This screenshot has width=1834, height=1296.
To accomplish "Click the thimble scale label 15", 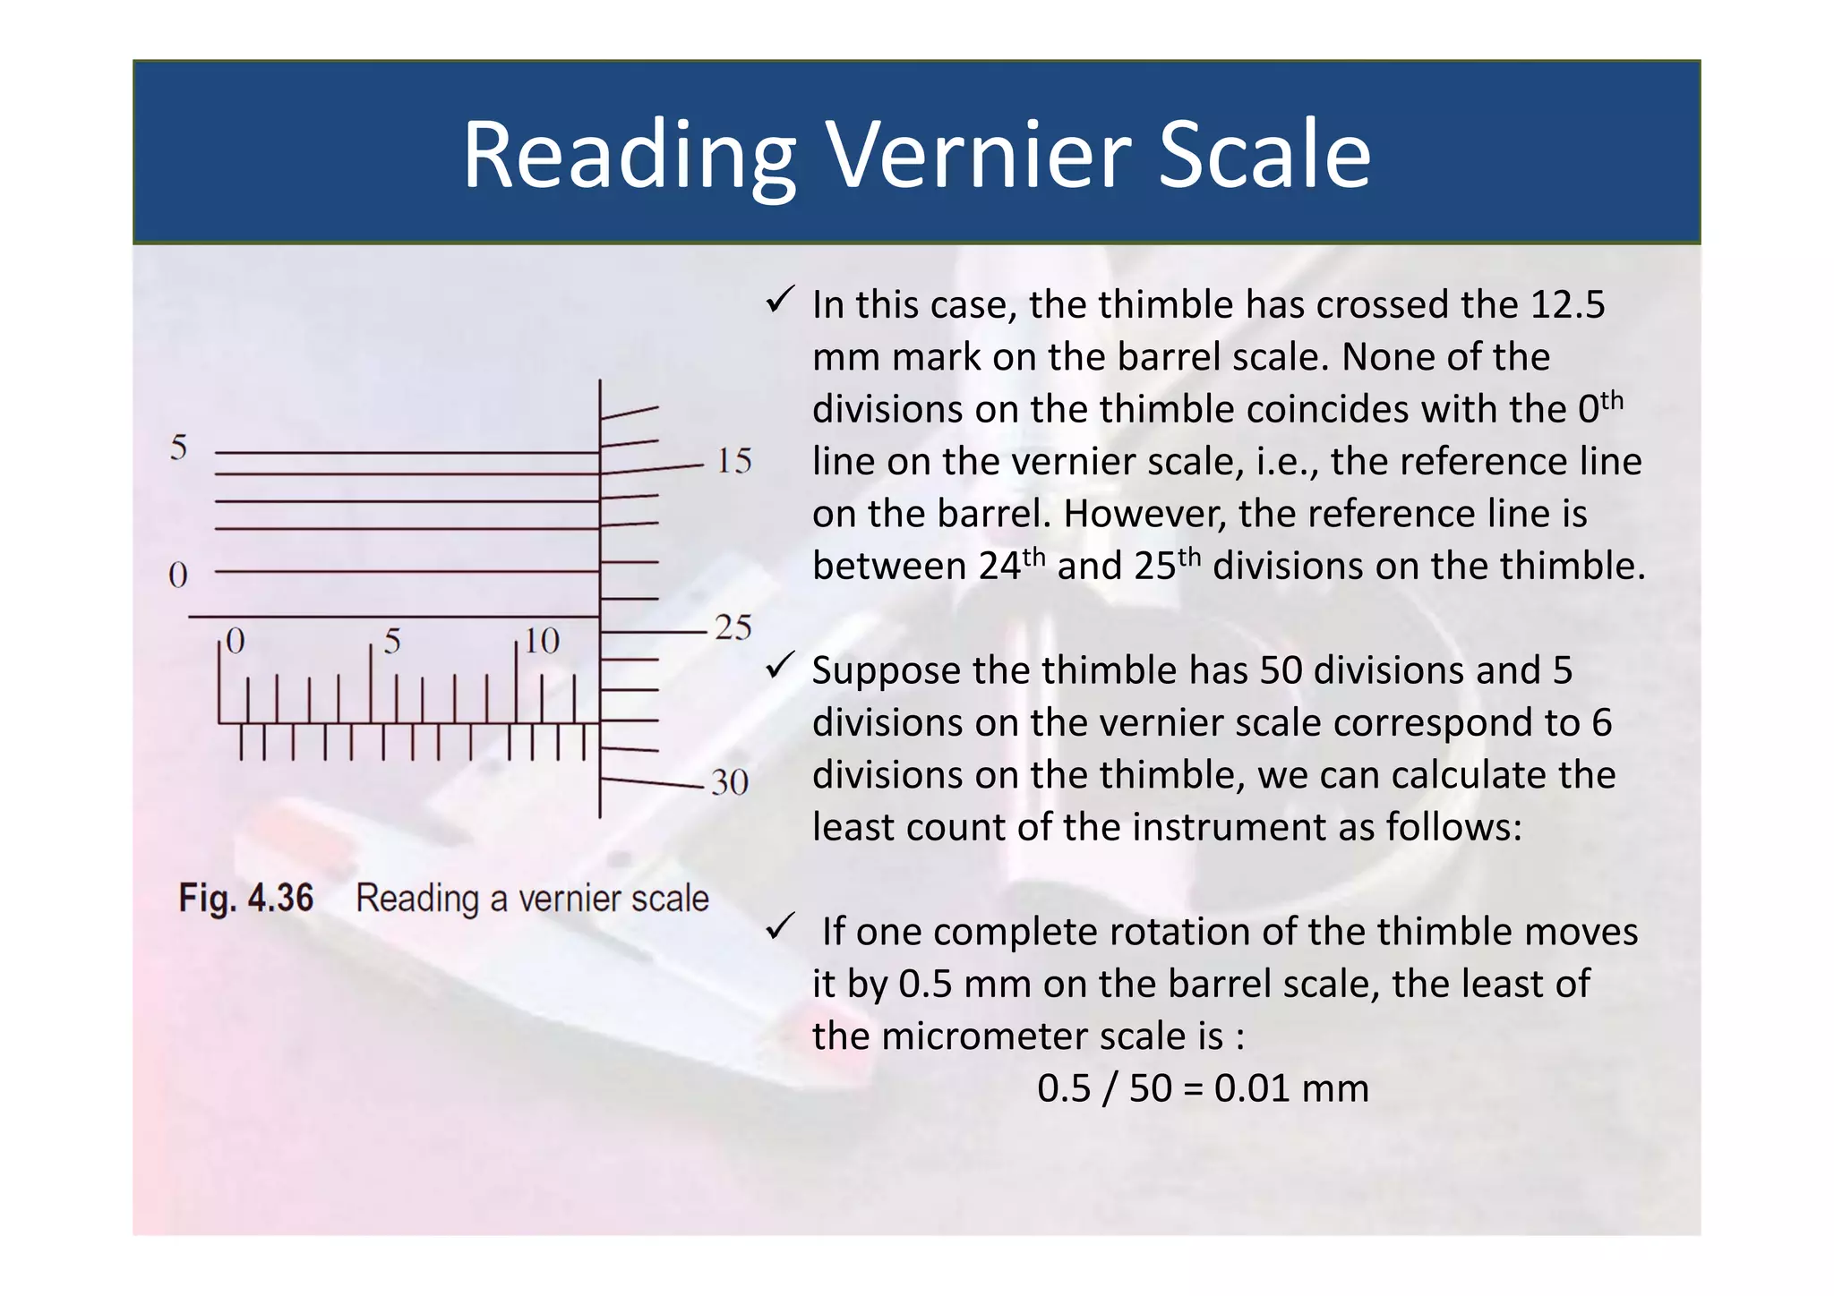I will pos(733,461).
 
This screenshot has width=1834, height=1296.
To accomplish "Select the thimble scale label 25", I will pos(733,627).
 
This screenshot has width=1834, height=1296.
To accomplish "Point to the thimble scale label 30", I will pos(730,783).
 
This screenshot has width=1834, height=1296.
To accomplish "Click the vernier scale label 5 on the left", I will pos(179,447).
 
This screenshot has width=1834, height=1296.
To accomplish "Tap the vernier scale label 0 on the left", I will pos(178,575).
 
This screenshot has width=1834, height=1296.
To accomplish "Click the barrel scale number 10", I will pos(542,641).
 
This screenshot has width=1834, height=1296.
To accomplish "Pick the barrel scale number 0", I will pos(235,641).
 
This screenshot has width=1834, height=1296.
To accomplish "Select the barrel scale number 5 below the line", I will pos(391,641).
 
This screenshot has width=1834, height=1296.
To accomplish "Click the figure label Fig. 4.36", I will pos(246,898).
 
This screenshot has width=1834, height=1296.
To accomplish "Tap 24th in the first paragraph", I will pos(1011,565).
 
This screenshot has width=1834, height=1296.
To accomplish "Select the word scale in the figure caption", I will pos(668,898).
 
